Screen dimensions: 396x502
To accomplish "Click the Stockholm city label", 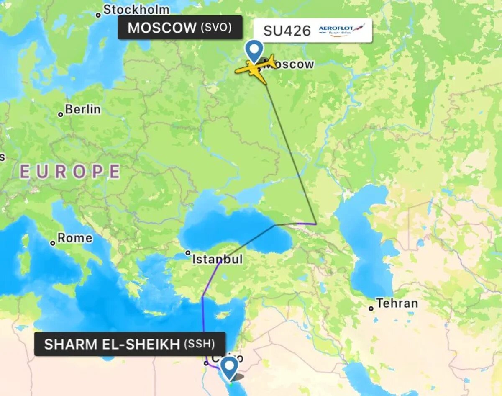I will point(136,10).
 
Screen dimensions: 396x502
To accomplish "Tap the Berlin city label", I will point(83,110).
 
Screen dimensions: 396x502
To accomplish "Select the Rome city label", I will point(75,238).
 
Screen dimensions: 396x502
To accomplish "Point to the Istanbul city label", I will point(217,260).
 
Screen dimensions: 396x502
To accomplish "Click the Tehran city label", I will point(397,303).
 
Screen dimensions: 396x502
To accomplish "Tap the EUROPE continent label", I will point(70,172).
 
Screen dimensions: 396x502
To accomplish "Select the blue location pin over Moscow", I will point(254,50).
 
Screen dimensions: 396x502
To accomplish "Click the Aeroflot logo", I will point(341,30).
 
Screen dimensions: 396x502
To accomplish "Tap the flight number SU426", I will point(287,31).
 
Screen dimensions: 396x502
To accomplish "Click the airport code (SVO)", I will point(216,28).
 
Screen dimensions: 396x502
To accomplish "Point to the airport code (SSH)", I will point(199,344).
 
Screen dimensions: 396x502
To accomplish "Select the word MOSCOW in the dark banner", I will point(162,28).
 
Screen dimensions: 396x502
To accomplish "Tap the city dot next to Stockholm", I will point(98,15).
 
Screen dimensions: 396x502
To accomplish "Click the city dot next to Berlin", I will point(61,114).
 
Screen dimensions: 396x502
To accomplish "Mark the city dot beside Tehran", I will point(371,309).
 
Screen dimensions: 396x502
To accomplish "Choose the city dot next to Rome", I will point(53,243).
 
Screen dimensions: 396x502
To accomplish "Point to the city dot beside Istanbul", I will point(188,253).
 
